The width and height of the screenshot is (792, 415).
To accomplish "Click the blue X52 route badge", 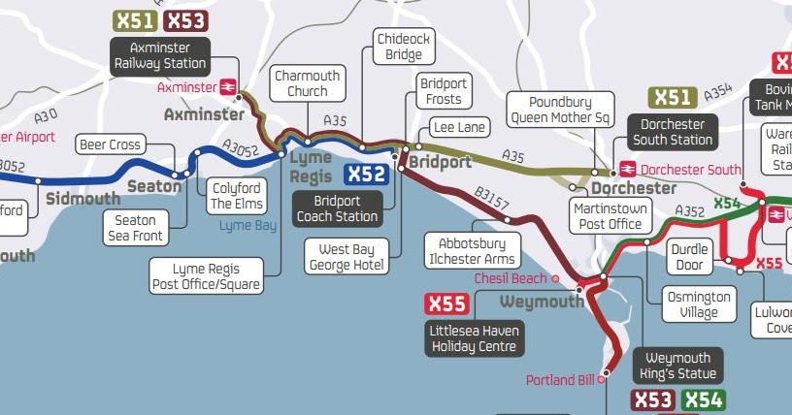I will click(x=367, y=176).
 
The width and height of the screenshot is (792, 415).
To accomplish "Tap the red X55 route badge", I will click(x=446, y=304).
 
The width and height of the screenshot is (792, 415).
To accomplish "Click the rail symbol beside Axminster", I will click(x=230, y=87).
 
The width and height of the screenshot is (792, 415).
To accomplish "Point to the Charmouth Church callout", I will click(x=308, y=83).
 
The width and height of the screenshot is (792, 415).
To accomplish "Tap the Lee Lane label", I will click(x=458, y=127).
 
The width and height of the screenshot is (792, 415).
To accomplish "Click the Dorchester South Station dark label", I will click(x=673, y=132).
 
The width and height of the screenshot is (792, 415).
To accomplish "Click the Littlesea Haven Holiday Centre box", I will click(x=475, y=338).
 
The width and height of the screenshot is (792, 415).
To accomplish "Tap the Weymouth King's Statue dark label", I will click(x=677, y=367).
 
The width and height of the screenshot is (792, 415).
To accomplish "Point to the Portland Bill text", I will click(x=559, y=380).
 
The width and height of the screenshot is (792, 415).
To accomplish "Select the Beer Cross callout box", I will click(x=110, y=145).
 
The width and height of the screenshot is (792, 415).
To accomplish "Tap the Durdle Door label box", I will click(x=689, y=258).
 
